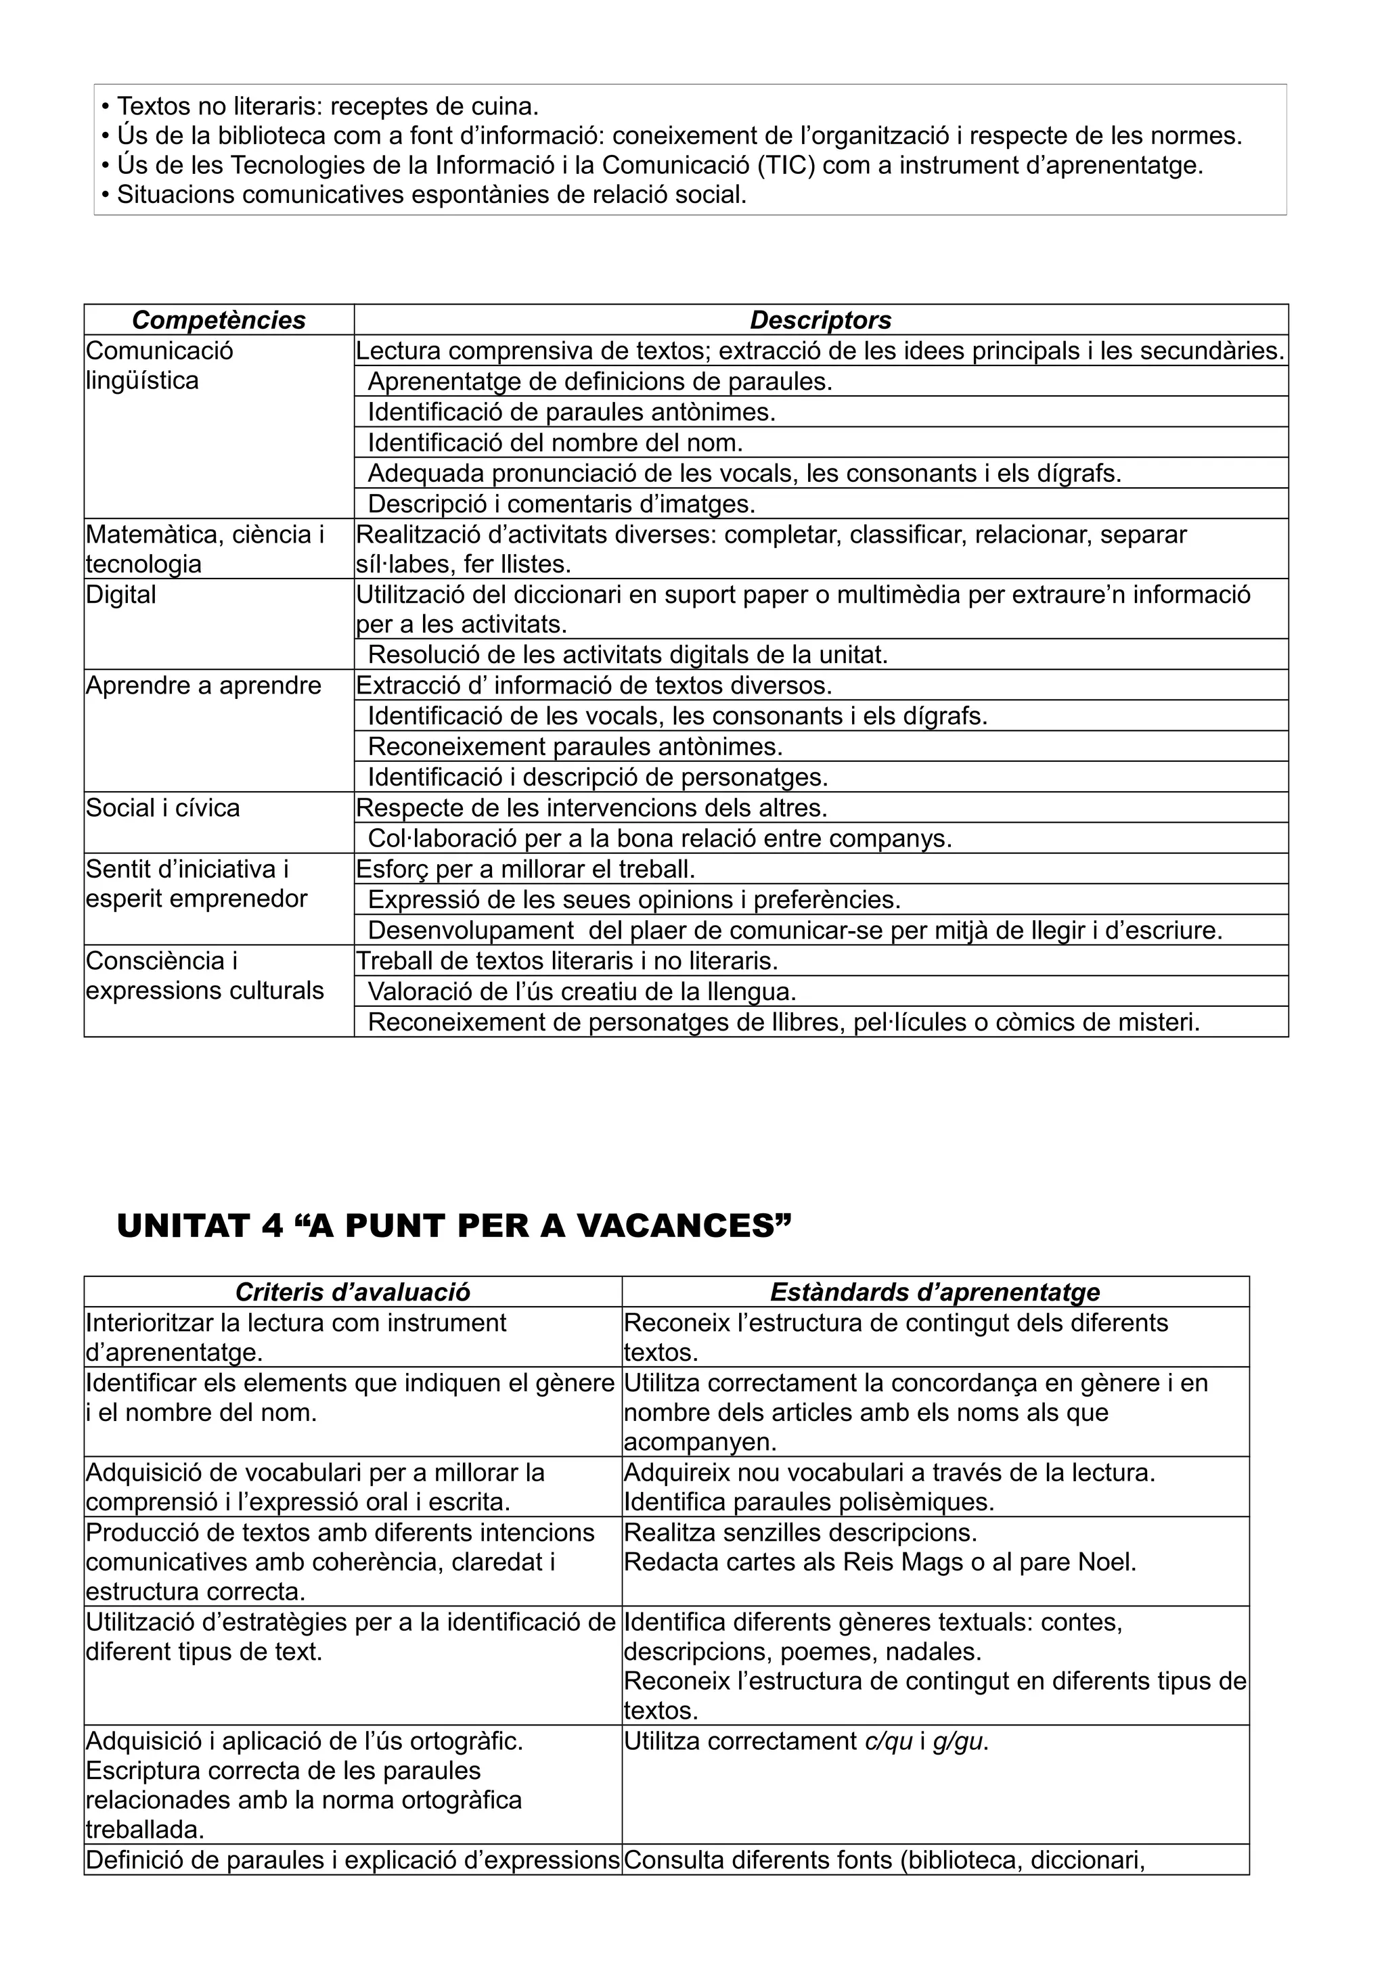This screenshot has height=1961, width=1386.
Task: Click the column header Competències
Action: point(219,320)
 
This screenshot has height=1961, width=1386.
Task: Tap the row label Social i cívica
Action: point(162,808)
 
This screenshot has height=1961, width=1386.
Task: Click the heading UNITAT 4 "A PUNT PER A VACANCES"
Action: point(453,1227)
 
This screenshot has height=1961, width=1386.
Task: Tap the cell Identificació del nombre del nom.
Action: point(555,443)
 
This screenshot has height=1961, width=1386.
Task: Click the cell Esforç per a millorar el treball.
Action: point(525,870)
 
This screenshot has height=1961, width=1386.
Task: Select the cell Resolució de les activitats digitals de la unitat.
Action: point(627,655)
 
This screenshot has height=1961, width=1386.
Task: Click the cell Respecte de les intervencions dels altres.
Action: point(591,808)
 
